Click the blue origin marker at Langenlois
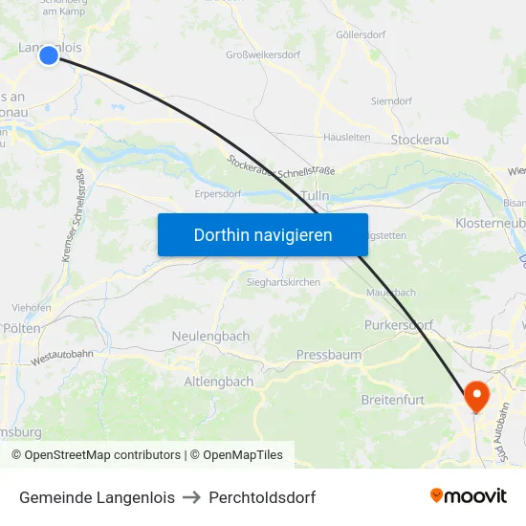pyautogui.click(x=49, y=56)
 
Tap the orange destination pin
pyautogui.click(x=475, y=395)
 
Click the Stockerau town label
pyautogui.click(x=420, y=140)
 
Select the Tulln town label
pyautogui.click(x=315, y=195)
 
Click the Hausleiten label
pyautogui.click(x=346, y=137)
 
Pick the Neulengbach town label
pyautogui.click(x=210, y=336)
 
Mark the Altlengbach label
pyautogui.click(x=219, y=381)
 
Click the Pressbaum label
pyautogui.click(x=329, y=355)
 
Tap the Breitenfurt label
pyautogui.click(x=393, y=400)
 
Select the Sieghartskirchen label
pyautogui.click(x=283, y=282)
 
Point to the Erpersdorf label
pyautogui.click(x=217, y=193)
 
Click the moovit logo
pyautogui.click(x=469, y=495)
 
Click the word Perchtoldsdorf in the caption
pyautogui.click(x=262, y=497)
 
